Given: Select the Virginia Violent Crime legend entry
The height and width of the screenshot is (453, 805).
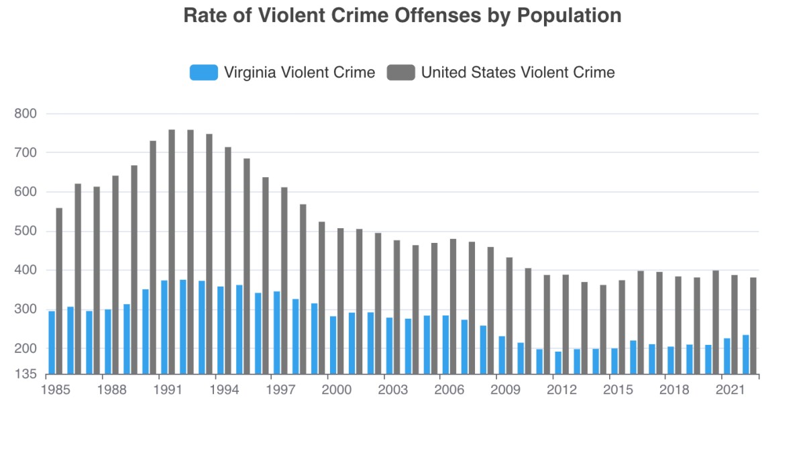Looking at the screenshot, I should pyautogui.click(x=282, y=72).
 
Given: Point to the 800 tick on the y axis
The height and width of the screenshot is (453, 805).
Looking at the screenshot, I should pyautogui.click(x=26, y=114).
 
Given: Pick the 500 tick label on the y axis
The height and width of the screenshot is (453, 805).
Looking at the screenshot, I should pyautogui.click(x=26, y=232).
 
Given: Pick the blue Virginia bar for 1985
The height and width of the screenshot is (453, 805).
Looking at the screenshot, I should pyautogui.click(x=52, y=342).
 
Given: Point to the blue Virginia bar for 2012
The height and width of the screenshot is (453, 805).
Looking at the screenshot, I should pyautogui.click(x=558, y=362).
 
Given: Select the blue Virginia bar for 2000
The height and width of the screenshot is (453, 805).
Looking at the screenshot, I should pyautogui.click(x=333, y=345).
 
